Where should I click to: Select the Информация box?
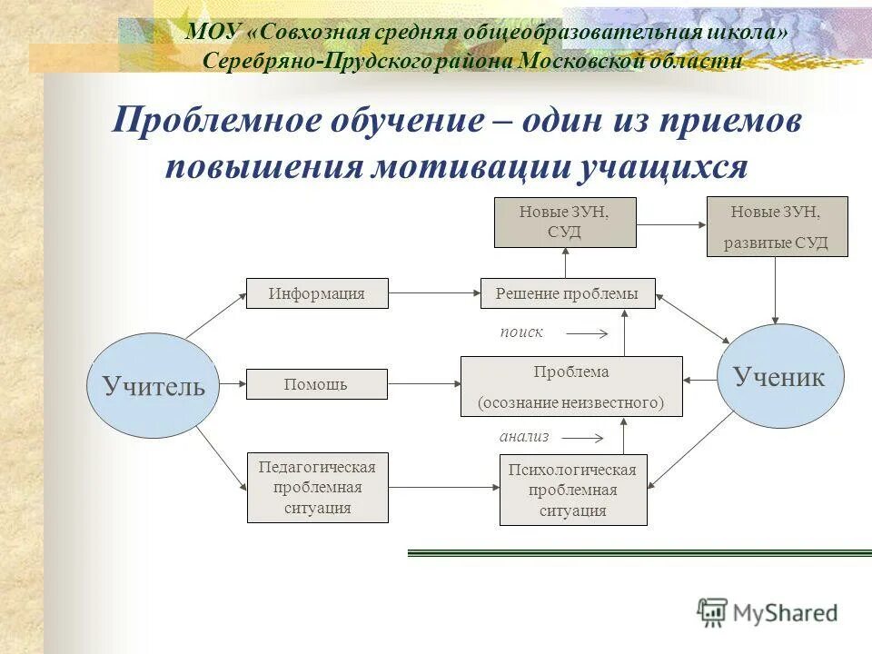[317, 293]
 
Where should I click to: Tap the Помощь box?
[317, 384]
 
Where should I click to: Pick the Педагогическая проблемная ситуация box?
[317, 488]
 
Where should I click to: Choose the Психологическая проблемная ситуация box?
[573, 490]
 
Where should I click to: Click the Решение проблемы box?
[567, 293]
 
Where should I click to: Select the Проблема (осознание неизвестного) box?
[571, 386]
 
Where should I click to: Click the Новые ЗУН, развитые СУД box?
[777, 226]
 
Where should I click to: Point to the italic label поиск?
[521, 332]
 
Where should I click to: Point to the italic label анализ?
[524, 436]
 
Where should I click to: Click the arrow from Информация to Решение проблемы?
[434, 293]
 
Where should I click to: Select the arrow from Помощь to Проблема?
[424, 384]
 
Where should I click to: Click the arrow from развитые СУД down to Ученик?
[775, 291]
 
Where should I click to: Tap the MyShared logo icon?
[713, 612]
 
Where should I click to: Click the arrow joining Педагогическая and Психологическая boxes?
[444, 488]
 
